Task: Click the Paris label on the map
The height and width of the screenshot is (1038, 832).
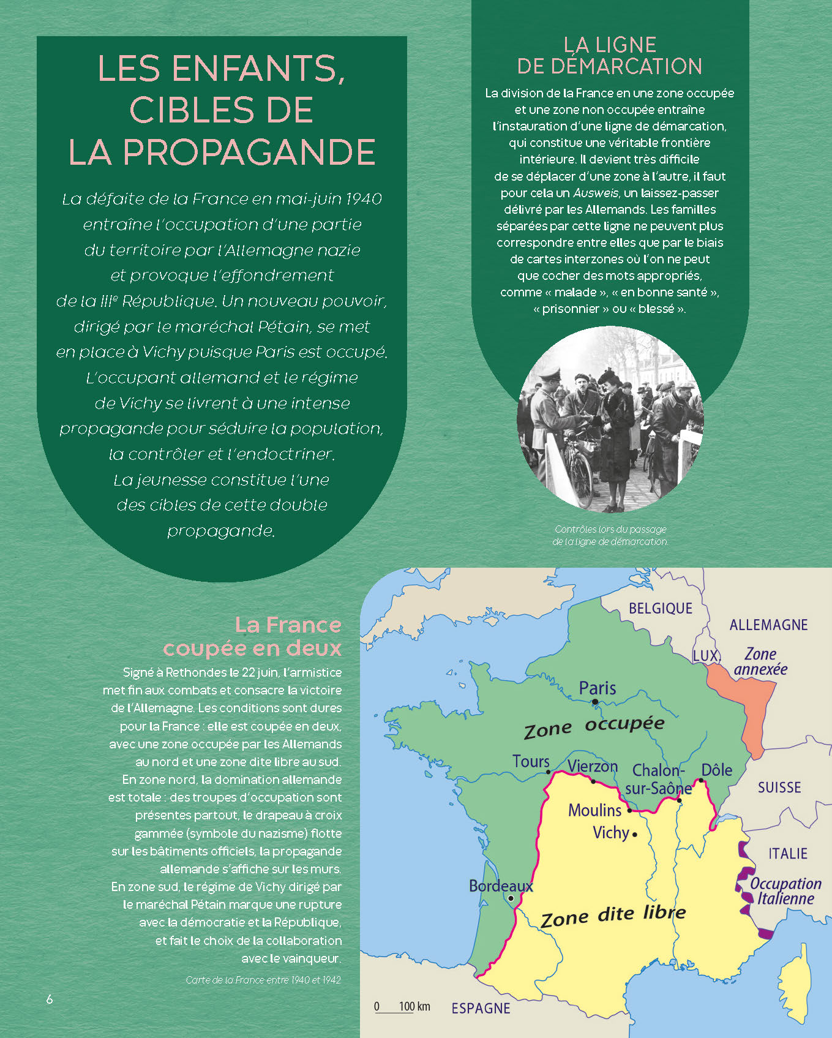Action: [x=598, y=688]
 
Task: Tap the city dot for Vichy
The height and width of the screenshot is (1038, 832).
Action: [x=635, y=834]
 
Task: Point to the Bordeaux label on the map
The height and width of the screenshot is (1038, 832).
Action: [x=500, y=886]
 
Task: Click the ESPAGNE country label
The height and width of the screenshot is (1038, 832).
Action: [x=481, y=1008]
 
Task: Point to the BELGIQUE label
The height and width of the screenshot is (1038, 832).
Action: [x=661, y=608]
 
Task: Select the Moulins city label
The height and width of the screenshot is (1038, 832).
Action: [x=594, y=810]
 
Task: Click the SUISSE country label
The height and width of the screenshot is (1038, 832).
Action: [x=779, y=788]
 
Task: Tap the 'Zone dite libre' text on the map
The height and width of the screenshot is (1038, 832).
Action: [x=613, y=916]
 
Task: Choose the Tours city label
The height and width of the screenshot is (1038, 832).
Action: [x=531, y=762]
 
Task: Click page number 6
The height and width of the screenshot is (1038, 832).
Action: [x=50, y=999]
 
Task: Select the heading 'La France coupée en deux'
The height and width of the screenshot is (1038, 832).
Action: [x=252, y=636]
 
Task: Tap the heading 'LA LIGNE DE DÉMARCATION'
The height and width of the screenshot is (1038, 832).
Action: [x=609, y=55]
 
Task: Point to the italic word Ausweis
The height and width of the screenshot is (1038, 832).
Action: [x=595, y=193]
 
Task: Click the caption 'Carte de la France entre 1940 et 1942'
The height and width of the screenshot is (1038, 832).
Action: [x=263, y=980]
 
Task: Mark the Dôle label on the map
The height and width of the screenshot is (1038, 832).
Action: [x=716, y=770]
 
